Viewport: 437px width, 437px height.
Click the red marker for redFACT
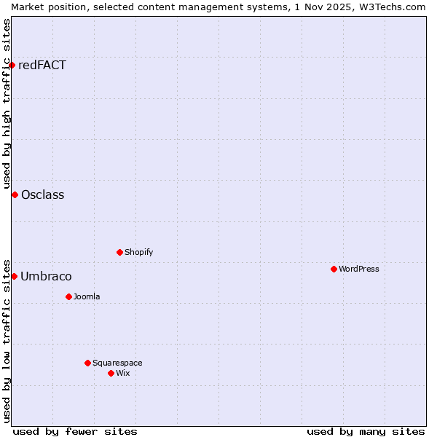pyautogui.click(x=12, y=65)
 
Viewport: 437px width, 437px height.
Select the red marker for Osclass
pyautogui.click(x=15, y=194)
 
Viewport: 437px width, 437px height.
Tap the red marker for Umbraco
pyautogui.click(x=14, y=276)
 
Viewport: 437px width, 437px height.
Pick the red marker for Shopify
pyautogui.click(x=119, y=252)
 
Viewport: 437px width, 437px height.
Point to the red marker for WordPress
pyautogui.click(x=334, y=269)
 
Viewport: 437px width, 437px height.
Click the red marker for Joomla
pyautogui.click(x=68, y=296)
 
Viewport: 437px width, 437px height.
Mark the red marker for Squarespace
pyautogui.click(x=87, y=363)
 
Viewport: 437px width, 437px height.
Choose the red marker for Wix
pyautogui.click(x=111, y=373)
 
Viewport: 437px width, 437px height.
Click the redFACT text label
pyautogui.click(x=42, y=65)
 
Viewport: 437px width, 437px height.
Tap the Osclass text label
pyautogui.click(x=43, y=194)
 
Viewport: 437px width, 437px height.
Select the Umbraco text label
pyautogui.click(x=46, y=276)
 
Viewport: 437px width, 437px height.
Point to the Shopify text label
pyautogui.click(x=138, y=252)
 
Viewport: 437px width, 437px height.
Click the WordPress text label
pyautogui.click(x=359, y=269)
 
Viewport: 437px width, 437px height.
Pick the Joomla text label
pyautogui.click(x=87, y=296)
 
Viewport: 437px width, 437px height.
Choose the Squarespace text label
pyautogui.click(x=117, y=363)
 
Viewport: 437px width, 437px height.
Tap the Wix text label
pyautogui.click(x=123, y=373)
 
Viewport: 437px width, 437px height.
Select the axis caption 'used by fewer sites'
pyautogui.click(x=75, y=431)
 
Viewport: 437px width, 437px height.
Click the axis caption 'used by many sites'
pyautogui.click(x=366, y=431)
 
